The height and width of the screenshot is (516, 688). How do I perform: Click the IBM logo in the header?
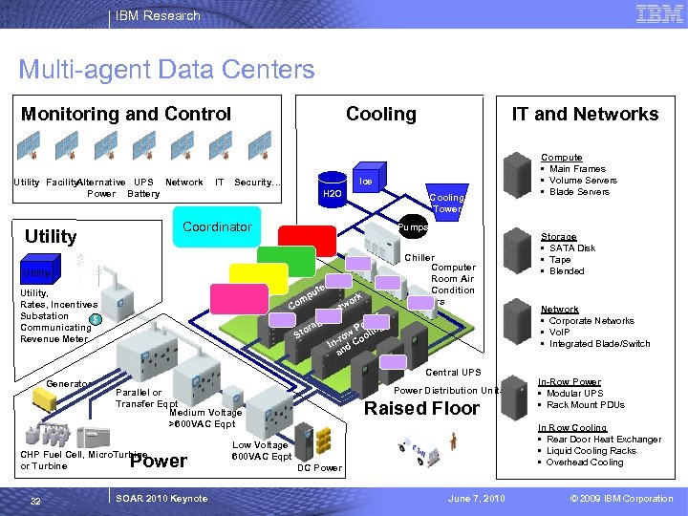tap(658, 14)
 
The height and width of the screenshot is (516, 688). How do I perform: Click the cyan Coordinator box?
tap(217, 227)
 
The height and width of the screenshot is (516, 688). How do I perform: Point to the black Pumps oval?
tap(413, 227)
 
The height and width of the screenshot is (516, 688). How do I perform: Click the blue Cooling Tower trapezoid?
tap(446, 203)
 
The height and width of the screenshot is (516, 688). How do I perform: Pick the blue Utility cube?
tap(38, 273)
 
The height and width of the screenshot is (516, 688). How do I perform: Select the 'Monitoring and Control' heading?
tap(126, 114)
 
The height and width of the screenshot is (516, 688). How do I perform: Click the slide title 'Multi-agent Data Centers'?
tap(166, 70)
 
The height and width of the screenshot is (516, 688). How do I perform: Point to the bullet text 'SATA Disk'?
tap(572, 248)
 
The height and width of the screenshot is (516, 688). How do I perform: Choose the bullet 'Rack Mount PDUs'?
tap(586, 405)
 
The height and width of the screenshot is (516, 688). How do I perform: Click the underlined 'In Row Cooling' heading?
tap(572, 428)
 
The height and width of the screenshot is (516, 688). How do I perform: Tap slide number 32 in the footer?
tap(34, 499)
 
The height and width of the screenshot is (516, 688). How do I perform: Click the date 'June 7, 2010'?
tap(477, 499)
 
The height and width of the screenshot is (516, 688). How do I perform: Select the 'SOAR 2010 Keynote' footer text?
tap(160, 499)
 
